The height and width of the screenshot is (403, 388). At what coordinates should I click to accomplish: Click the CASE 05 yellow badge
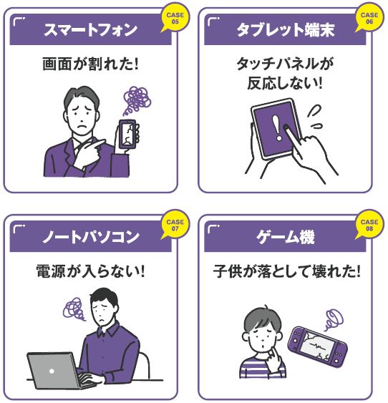click(x=175, y=17)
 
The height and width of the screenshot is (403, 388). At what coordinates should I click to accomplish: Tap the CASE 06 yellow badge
click(x=369, y=17)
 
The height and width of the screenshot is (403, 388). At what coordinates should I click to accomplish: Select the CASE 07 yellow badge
click(x=175, y=225)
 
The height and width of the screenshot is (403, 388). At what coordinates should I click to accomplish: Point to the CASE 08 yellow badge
click(x=369, y=225)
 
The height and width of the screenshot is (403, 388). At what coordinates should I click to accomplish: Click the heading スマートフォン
click(x=90, y=30)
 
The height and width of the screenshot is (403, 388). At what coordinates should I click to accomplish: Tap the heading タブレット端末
click(x=285, y=30)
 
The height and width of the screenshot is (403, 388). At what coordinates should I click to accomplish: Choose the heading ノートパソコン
click(x=90, y=237)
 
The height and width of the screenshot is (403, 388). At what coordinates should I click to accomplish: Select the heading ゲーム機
click(x=285, y=237)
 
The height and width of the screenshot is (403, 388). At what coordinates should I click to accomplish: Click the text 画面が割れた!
click(x=90, y=64)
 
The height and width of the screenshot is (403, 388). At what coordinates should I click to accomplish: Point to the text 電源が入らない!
click(x=90, y=271)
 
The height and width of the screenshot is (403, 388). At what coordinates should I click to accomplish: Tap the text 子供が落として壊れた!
click(x=286, y=271)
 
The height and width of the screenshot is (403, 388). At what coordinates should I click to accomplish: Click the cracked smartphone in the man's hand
click(x=127, y=134)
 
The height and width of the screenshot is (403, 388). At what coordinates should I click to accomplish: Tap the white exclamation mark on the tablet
click(x=278, y=128)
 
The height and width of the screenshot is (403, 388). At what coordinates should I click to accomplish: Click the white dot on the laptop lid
click(x=52, y=371)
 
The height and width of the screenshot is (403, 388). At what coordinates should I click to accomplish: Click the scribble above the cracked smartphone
click(x=136, y=100)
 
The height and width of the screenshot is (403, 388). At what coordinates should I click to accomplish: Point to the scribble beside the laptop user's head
click(x=74, y=309)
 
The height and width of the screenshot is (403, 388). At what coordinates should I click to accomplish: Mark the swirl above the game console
click(x=334, y=319)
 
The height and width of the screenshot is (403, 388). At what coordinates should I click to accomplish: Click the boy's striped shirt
click(x=262, y=366)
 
